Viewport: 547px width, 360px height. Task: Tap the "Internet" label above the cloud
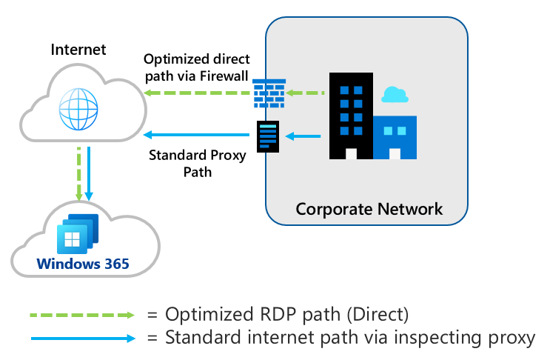pos(78,50)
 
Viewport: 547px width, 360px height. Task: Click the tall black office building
pos(352,116)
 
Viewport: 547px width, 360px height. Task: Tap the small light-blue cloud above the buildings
pos(395,94)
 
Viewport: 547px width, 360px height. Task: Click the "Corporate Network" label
pos(369,209)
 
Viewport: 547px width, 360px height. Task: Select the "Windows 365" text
pos(83,264)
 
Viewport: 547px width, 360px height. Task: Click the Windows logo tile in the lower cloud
pos(72,239)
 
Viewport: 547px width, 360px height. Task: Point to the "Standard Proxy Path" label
pos(187,164)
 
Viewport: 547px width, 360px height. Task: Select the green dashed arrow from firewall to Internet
pos(196,93)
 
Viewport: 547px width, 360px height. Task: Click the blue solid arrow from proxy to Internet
pos(196,135)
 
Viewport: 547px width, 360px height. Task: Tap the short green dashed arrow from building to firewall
pos(306,93)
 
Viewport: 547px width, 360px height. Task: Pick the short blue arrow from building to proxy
pos(303,136)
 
